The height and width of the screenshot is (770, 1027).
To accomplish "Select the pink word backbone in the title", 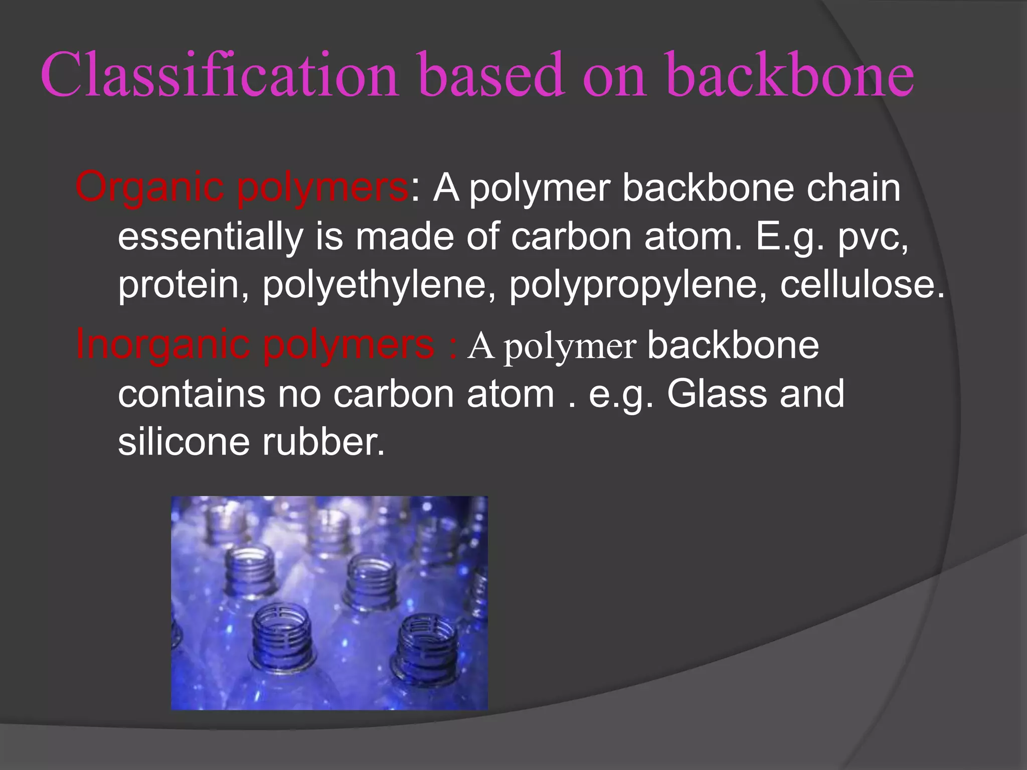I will tap(790, 75).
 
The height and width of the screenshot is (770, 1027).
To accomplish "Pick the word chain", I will tap(853, 188).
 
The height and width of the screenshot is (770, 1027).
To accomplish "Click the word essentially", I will tap(210, 237).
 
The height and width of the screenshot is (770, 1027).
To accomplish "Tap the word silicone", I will tap(184, 442).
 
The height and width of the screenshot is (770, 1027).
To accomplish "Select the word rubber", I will tap(323, 442).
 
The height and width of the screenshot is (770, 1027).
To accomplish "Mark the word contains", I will tap(191, 394).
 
